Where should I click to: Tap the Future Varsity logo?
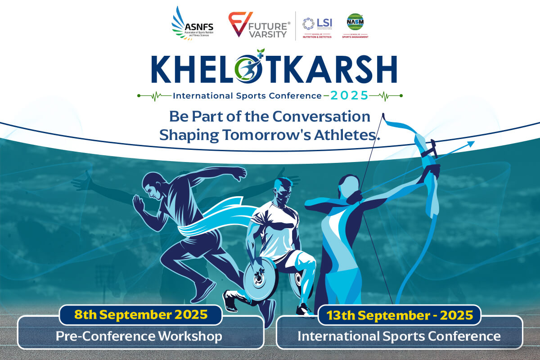point(259,25)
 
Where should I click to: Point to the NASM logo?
point(355,25)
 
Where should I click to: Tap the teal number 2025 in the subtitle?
point(349,95)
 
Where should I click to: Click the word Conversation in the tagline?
point(322,116)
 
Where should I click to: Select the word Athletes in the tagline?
point(346,135)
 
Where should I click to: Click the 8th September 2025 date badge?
point(140,315)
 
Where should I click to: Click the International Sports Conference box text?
point(399,336)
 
